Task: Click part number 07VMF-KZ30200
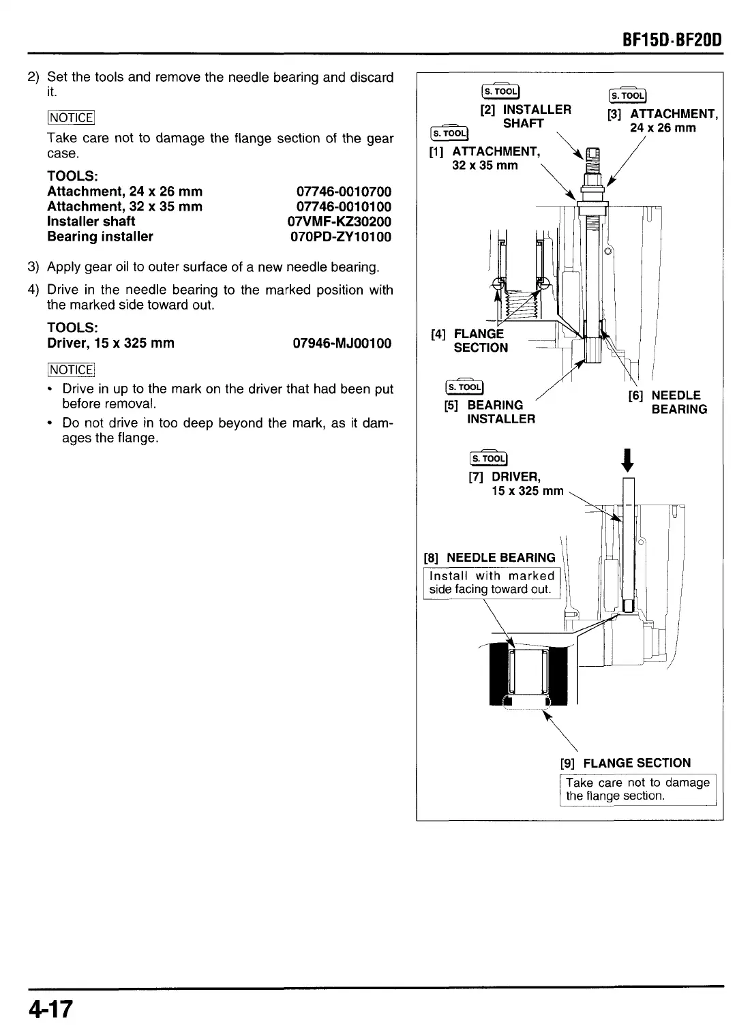[340, 222]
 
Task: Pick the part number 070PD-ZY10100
[341, 237]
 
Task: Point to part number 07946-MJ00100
[342, 343]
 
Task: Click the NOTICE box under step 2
[71, 117]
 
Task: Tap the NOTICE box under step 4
[71, 369]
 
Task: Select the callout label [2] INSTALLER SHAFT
[526, 116]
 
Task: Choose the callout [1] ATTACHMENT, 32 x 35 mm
[485, 158]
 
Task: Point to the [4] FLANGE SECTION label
[470, 340]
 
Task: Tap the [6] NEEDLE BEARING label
[668, 402]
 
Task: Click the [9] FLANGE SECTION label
[625, 763]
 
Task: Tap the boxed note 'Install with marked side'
[492, 583]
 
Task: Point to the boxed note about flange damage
[637, 789]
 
